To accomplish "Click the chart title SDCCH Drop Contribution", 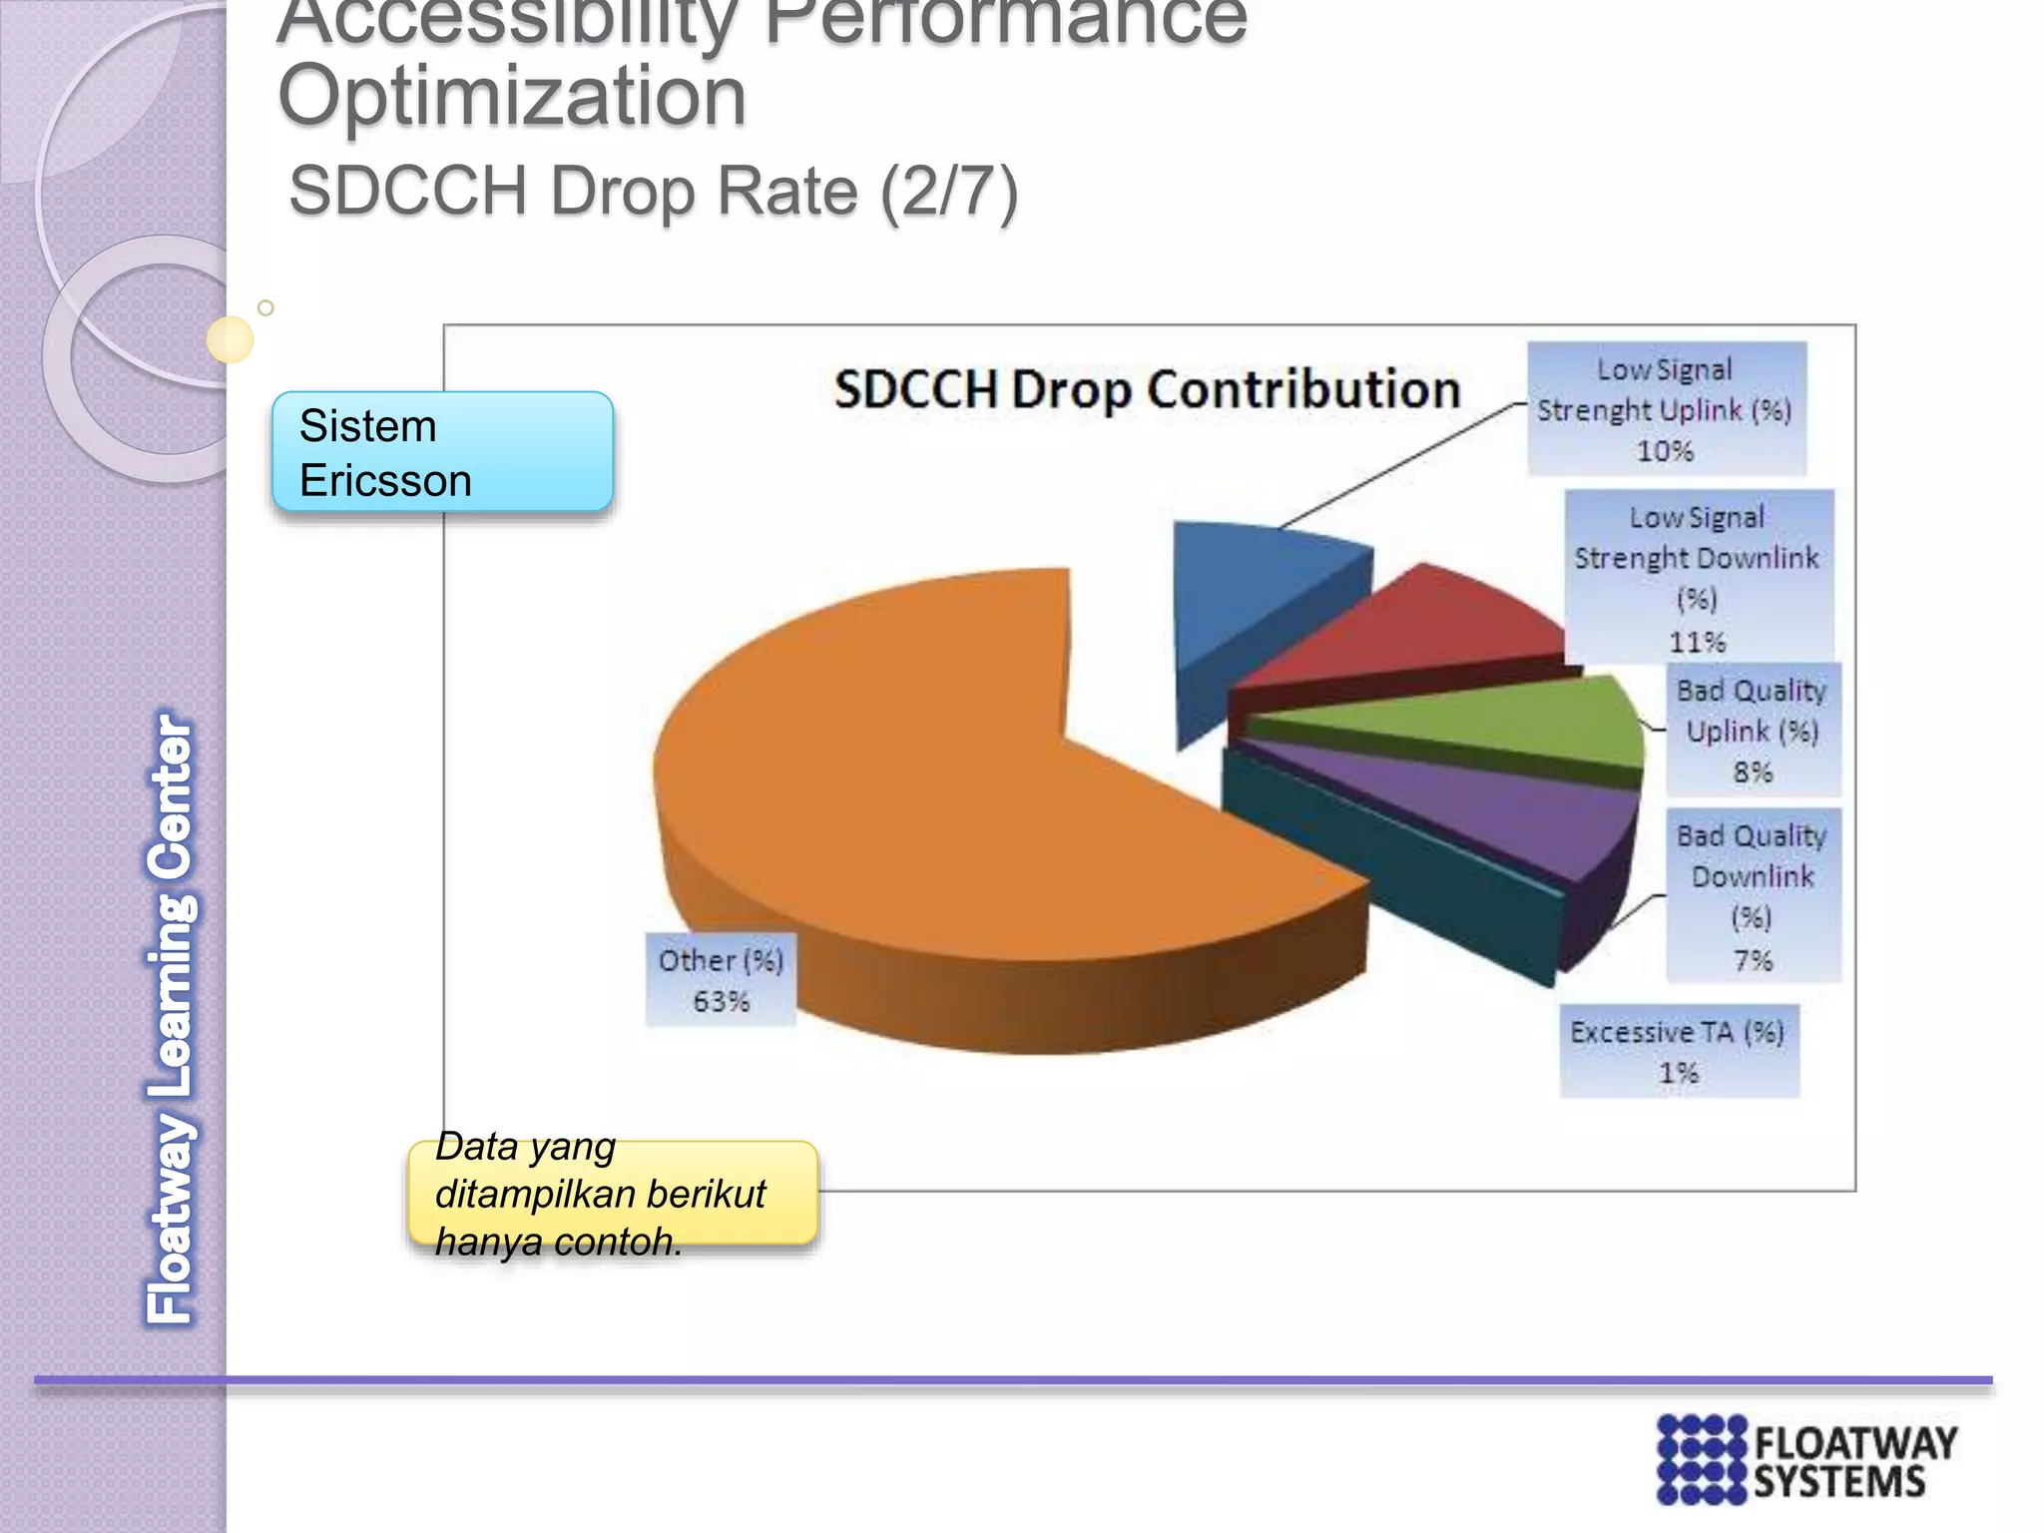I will pos(1147,389).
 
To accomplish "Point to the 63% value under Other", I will pos(721,1001).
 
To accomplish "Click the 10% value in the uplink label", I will pos(1665,451).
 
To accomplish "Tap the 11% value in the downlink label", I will pos(1698,642).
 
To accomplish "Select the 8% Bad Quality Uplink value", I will pos(1753,771).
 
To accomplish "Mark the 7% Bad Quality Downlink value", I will pos(1753,960).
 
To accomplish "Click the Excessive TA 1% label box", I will pos(1679,1052).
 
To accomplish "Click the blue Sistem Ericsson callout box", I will pos(442,452).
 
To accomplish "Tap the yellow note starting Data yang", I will pos(612,1194).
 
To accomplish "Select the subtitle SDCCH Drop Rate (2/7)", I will pos(653,191).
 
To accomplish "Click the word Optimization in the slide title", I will pos(512,97).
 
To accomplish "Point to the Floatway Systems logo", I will pos(1805,1458).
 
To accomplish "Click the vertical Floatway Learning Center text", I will pos(171,1018).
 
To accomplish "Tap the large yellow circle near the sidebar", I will pos(230,339).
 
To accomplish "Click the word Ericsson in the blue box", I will pos(385,481).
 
